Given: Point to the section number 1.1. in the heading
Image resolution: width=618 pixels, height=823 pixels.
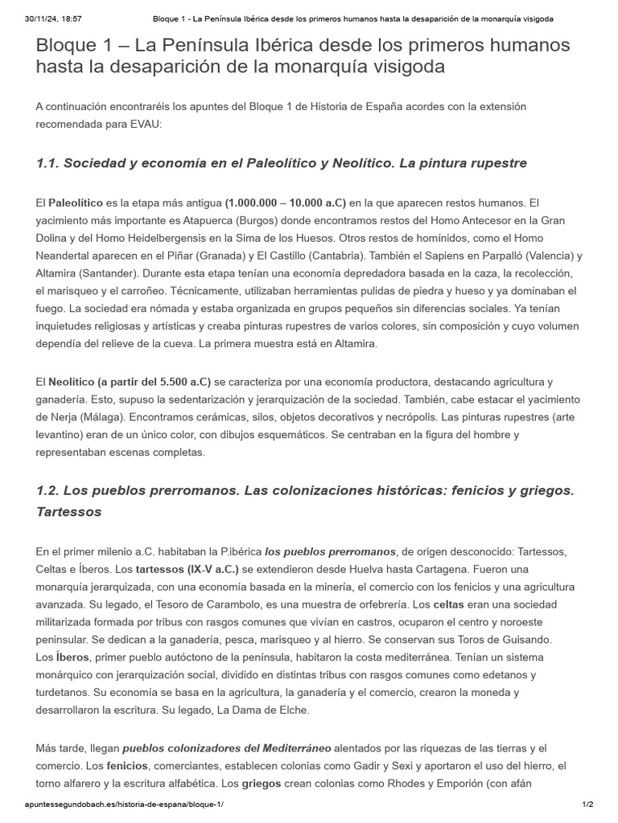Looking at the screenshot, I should point(50,163).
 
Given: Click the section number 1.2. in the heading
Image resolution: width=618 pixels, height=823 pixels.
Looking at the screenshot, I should point(50,490).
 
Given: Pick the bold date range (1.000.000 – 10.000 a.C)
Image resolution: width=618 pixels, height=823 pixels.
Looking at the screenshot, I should point(286,203).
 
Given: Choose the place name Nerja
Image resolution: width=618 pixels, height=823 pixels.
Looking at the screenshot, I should point(54,417).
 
